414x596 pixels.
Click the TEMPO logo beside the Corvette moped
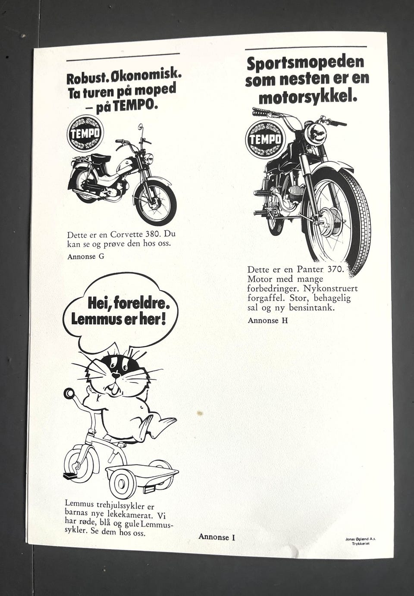(x=85, y=133)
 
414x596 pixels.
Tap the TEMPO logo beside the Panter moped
(x=265, y=139)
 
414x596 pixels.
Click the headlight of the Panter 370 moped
(x=315, y=134)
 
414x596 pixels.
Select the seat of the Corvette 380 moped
(x=100, y=158)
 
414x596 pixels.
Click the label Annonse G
(x=86, y=257)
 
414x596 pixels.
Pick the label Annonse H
(x=268, y=320)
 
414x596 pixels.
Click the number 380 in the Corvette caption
(x=153, y=235)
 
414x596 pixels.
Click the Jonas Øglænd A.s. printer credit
(x=361, y=539)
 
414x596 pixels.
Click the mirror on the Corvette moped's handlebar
(x=141, y=127)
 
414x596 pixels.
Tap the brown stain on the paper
(x=200, y=413)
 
